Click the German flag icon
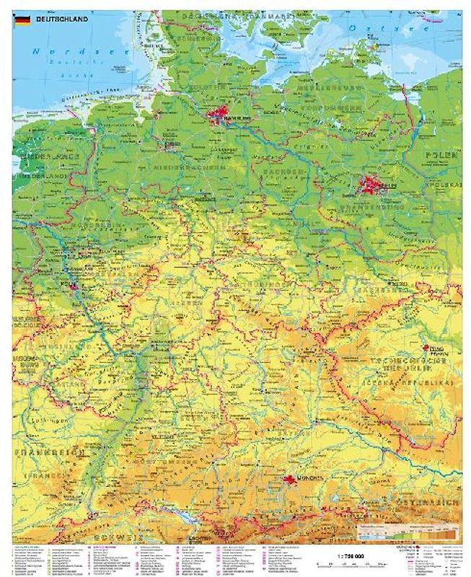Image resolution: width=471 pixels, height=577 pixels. click(x=22, y=19)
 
